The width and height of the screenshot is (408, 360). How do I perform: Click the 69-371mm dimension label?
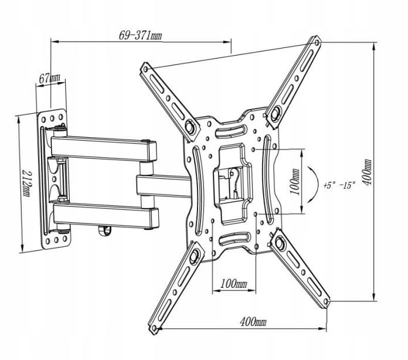140,35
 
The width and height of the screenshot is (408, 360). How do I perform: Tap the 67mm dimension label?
49,78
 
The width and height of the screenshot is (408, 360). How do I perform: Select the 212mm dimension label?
27,184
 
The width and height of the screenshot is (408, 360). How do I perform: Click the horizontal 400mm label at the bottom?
253,322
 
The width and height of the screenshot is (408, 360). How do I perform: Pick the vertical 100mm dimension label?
294,182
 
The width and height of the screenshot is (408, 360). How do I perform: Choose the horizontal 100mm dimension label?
234,283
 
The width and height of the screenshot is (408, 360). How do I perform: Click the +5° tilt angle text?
328,185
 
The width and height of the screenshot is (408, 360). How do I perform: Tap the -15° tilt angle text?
347,185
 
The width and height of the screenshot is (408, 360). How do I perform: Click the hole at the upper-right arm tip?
317,42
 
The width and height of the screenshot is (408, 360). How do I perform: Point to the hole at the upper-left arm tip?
145,69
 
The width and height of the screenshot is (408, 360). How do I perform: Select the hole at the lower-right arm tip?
325,301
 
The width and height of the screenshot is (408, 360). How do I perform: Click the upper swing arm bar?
104,148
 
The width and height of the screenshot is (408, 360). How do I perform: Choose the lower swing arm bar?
106,215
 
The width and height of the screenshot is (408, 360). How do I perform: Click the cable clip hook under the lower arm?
104,230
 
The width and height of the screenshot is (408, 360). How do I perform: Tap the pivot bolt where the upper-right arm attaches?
276,113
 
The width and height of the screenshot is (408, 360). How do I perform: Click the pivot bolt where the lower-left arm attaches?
194,256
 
